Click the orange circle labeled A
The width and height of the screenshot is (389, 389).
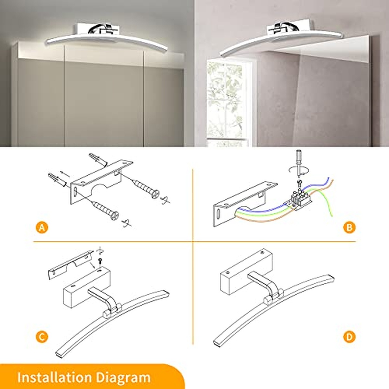pyautogui.click(x=42, y=228)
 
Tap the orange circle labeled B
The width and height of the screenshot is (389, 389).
pyautogui.click(x=349, y=228)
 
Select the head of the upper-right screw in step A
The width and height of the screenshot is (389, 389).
pyautogui.click(x=155, y=194)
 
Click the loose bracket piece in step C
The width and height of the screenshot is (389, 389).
pyautogui.click(x=71, y=265)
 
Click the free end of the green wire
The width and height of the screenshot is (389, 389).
pyautogui.click(x=332, y=216)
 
